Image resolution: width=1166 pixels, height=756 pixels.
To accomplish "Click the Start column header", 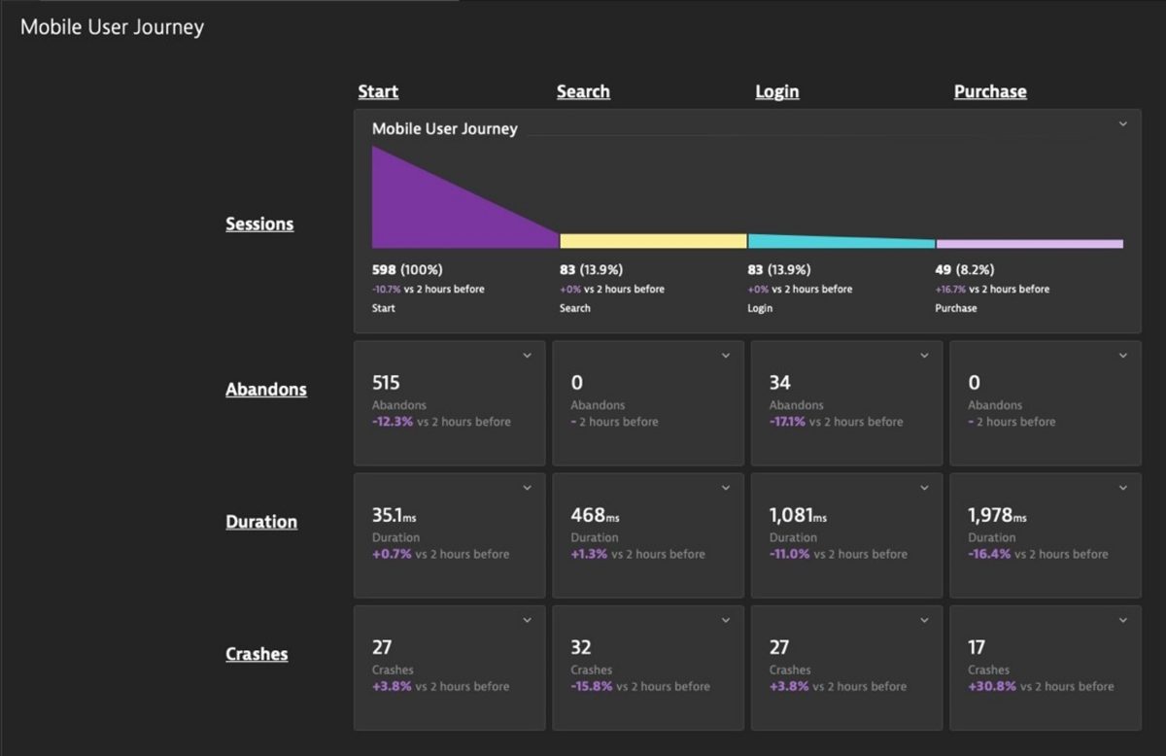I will tap(378, 91).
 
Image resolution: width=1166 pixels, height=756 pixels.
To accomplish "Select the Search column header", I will tap(583, 91).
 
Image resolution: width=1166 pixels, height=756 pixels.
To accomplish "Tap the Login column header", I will tap(776, 91).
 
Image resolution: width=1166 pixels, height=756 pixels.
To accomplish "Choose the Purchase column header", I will tap(989, 91).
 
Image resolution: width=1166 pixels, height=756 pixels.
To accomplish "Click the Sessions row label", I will tap(259, 223).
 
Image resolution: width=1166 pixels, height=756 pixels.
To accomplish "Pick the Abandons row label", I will tap(265, 389).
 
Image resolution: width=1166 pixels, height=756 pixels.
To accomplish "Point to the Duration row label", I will tap(261, 521).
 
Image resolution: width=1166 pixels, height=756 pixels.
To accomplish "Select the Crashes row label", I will tap(257, 654).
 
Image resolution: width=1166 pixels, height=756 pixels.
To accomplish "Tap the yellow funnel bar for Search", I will tap(653, 241).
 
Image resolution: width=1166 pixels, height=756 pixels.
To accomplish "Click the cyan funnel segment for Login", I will tap(840, 242).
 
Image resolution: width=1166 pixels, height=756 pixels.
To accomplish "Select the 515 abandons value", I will tap(386, 383).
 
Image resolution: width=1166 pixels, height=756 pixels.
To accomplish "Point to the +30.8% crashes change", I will tap(991, 686).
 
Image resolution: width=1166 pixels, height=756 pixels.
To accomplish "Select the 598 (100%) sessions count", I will tap(406, 269).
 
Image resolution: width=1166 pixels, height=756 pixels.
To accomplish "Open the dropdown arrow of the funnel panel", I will tap(1122, 124).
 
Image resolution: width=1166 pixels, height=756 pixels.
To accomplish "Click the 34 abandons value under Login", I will tap(779, 383).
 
